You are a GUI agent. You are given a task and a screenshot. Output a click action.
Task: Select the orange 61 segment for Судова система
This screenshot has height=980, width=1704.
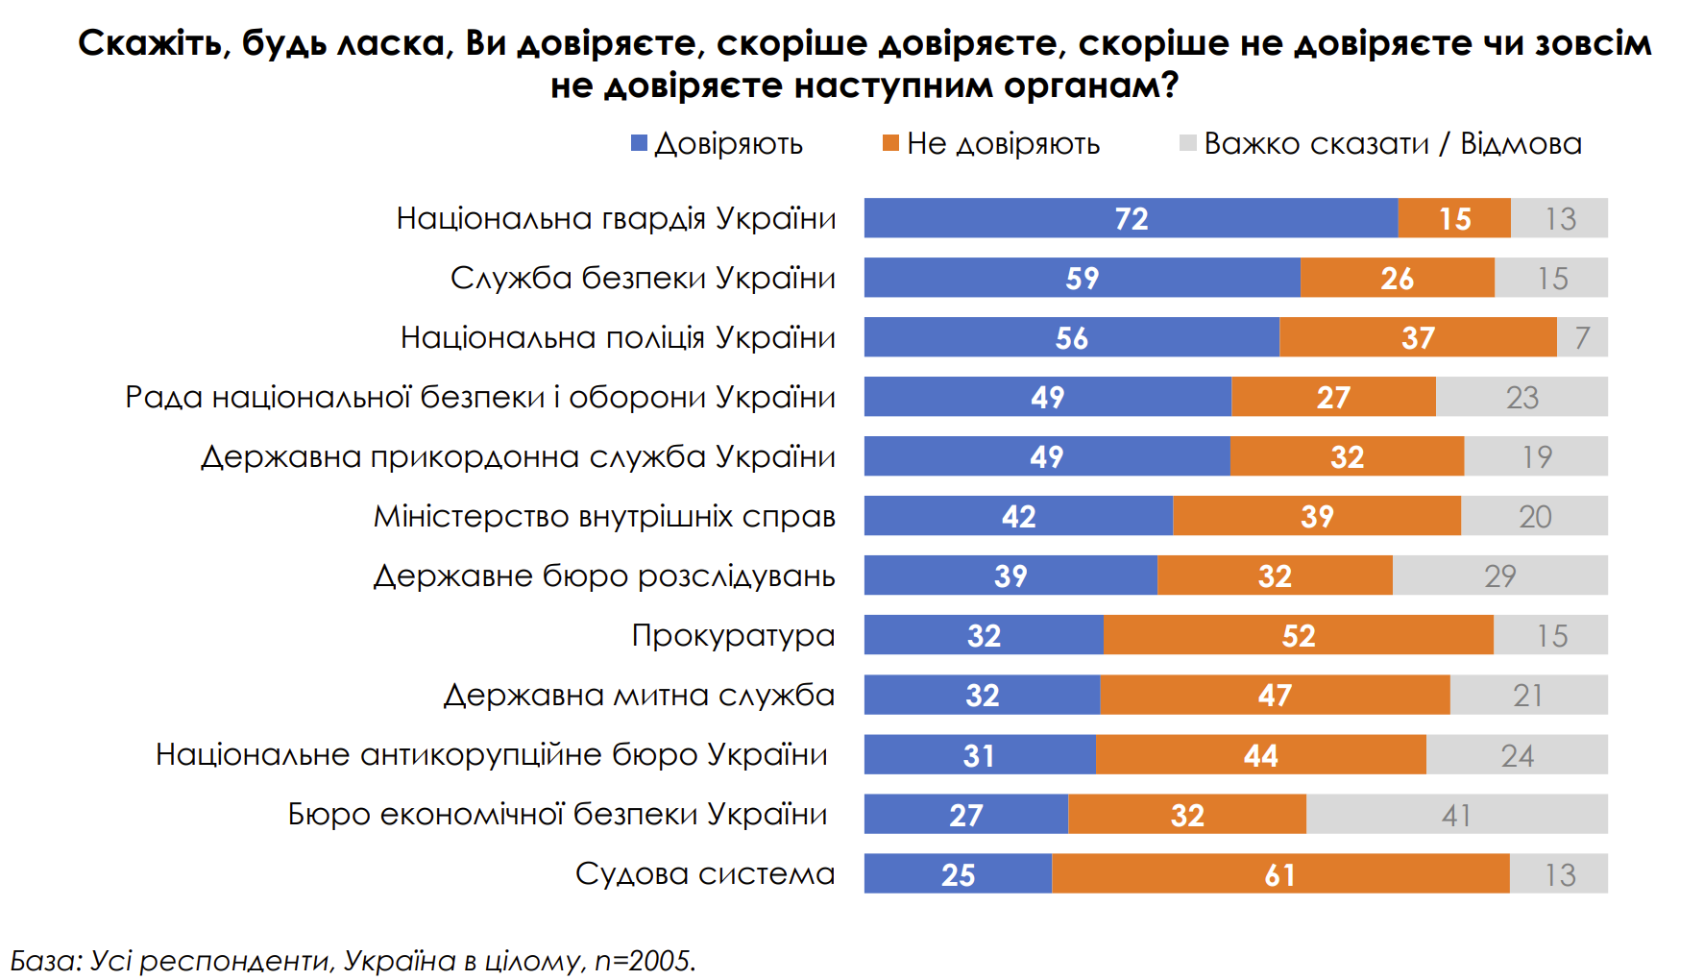pos(1280,873)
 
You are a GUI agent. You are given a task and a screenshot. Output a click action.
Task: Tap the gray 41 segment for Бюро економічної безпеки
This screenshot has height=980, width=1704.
pos(1456,814)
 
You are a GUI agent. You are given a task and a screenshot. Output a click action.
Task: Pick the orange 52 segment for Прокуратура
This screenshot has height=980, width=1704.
pos(1299,635)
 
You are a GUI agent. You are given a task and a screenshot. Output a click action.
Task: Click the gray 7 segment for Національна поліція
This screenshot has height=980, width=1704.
pos(1582,337)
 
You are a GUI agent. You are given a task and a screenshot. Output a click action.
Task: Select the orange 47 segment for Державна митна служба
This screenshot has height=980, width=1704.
pos(1275,695)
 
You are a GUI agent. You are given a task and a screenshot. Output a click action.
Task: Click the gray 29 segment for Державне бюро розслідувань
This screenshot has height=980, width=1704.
pos(1499,576)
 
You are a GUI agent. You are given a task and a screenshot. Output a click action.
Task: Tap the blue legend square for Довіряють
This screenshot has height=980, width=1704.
pos(639,143)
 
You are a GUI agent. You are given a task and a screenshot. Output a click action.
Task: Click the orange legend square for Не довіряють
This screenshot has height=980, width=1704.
pos(890,143)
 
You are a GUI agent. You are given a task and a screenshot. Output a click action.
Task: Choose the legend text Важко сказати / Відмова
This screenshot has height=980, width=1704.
pos(1392,143)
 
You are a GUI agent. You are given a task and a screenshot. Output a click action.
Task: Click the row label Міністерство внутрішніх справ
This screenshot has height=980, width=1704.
pos(604,516)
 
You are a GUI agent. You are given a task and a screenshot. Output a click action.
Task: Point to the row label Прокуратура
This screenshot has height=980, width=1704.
pos(733,635)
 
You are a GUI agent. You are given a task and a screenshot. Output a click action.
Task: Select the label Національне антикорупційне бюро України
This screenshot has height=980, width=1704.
pos(491,754)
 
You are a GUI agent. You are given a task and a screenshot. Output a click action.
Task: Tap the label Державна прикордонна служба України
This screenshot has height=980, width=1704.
pos(518,456)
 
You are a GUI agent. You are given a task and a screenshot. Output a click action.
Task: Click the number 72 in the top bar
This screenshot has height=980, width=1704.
pos(1132,219)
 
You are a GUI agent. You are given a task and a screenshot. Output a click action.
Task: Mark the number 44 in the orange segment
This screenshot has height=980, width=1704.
pos(1260,755)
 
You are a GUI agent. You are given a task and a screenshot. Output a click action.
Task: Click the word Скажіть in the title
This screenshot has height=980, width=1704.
pos(153,43)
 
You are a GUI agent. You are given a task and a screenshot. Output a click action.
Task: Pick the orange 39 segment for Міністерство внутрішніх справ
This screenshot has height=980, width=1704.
pos(1317,516)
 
